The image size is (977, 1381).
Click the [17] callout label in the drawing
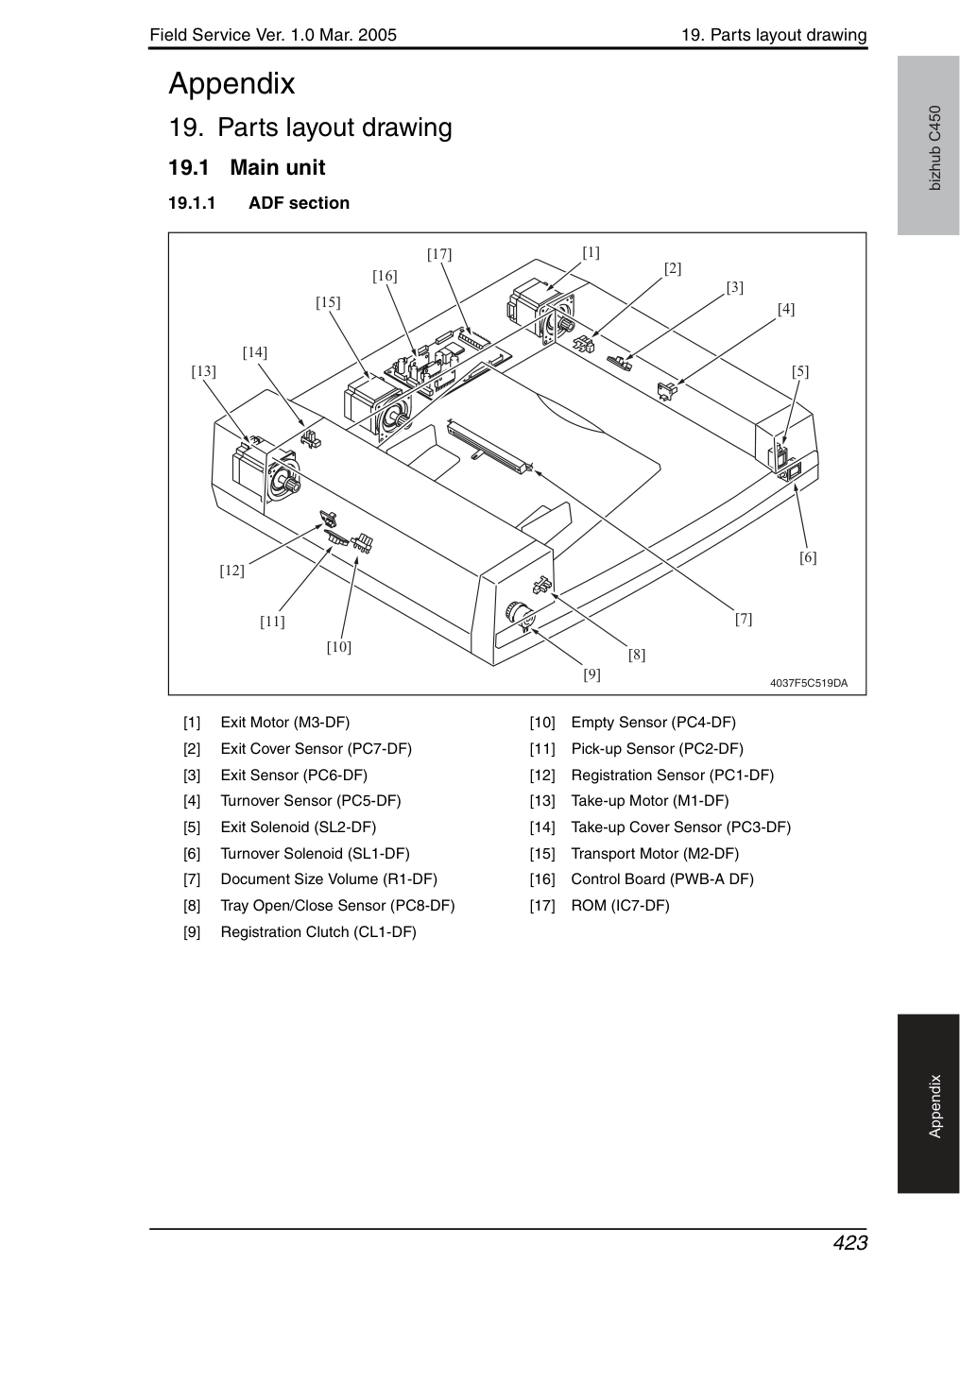coord(439,254)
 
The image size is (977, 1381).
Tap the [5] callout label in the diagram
coord(800,371)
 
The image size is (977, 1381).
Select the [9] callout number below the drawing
coord(592,674)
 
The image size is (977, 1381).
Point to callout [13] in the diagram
coord(203,371)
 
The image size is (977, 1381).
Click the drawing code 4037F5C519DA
coord(809,683)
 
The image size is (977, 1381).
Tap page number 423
coord(850,1242)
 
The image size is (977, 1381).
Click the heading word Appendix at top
coord(231,84)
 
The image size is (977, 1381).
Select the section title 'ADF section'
coord(300,203)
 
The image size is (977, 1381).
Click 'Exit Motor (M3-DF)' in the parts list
coord(285,722)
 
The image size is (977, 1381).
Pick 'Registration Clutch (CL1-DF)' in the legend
coord(318,931)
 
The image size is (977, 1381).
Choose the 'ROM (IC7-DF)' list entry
coord(620,906)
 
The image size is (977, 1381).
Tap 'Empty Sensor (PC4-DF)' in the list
coord(653,722)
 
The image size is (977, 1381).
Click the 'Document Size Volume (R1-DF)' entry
coord(329,879)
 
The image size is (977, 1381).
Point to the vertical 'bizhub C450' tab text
coord(935,148)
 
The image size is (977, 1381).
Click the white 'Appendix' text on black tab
coord(935,1107)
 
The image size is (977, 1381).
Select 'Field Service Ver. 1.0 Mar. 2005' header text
coord(273,35)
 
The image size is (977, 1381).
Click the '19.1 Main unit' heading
coord(247,168)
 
